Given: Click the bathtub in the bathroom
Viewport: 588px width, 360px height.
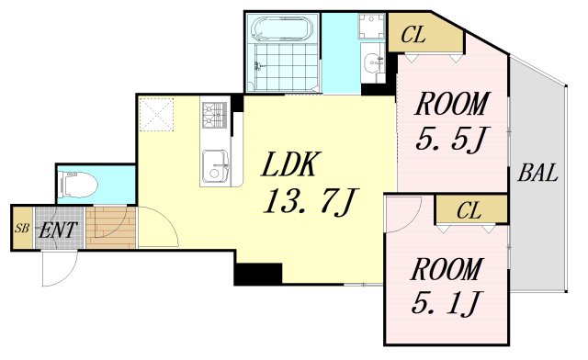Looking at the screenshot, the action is (282, 28).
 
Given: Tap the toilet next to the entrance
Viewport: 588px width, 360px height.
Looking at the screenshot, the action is (78, 185).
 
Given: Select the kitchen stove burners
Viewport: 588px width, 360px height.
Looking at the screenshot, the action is (214, 114).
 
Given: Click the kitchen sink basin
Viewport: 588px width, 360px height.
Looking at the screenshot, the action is (215, 165).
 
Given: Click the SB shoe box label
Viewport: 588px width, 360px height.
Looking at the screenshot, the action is (22, 229).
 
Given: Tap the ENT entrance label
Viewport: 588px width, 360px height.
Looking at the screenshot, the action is (58, 230).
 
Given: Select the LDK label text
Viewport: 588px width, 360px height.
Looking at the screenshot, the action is (291, 164).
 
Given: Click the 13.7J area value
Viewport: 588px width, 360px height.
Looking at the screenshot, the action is (311, 202).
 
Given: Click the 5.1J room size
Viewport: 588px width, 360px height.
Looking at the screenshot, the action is (447, 303).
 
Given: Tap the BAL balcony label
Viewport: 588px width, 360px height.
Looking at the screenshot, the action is (537, 174).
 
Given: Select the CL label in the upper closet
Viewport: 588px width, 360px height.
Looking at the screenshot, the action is (413, 36).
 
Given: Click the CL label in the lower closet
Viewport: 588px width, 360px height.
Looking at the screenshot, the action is (469, 210).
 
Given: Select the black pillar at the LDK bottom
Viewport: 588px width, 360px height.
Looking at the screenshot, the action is (258, 274).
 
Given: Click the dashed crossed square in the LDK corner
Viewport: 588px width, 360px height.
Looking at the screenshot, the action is (156, 115).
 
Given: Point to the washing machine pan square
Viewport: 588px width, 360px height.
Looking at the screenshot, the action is (371, 26).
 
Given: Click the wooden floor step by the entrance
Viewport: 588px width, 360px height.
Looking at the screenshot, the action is (110, 227).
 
